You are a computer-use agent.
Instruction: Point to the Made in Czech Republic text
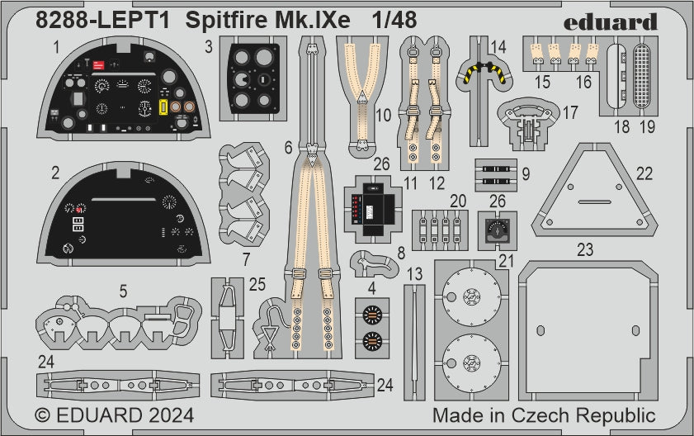(544, 415)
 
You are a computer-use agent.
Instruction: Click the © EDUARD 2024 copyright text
(115, 415)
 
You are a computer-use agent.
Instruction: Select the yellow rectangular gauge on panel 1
(164, 107)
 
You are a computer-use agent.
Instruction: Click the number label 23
(584, 248)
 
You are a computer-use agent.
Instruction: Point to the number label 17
(569, 110)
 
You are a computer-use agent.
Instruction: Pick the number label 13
(414, 273)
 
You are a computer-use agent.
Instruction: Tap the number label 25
(257, 285)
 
